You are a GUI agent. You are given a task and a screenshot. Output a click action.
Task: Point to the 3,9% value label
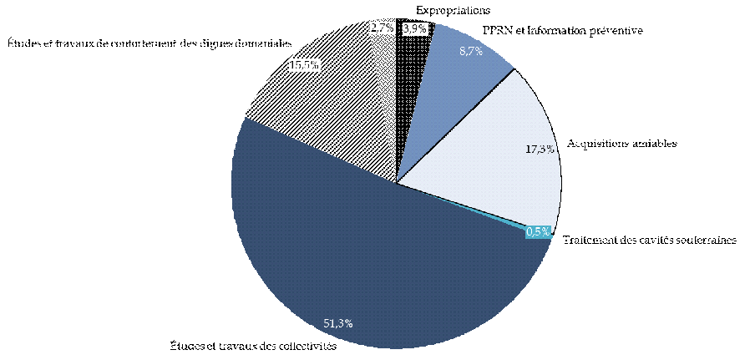pos(415,28)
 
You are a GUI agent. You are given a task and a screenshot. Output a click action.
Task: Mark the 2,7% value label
pos(382,28)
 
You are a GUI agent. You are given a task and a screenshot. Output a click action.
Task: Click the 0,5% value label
pos(538,231)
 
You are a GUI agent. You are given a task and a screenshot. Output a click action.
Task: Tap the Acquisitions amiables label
pos(621,143)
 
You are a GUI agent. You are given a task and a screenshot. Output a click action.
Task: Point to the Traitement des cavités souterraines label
pos(649,240)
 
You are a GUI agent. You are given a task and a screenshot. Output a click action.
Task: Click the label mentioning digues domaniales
pos(150,42)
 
